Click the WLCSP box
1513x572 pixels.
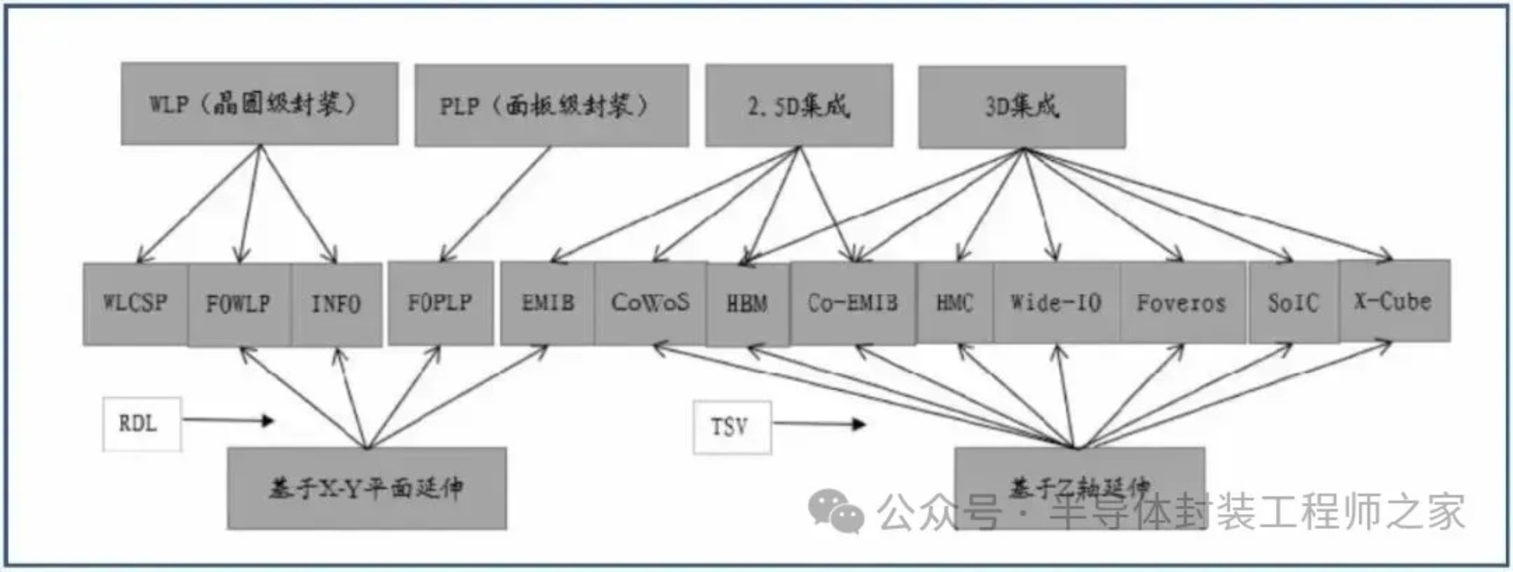point(135,303)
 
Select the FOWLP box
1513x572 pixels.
point(239,304)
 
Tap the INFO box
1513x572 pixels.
point(336,304)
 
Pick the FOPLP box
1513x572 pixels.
point(440,303)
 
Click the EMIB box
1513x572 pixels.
point(547,303)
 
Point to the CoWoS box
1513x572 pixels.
point(650,303)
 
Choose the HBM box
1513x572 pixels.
point(747,304)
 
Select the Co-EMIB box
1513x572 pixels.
point(853,303)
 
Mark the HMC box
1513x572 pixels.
point(954,303)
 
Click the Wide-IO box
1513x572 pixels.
point(1056,303)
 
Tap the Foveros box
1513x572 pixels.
point(1182,303)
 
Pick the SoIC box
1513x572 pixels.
point(1293,303)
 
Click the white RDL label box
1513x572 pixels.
point(142,424)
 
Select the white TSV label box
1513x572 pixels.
point(731,428)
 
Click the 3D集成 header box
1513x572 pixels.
point(1022,107)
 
